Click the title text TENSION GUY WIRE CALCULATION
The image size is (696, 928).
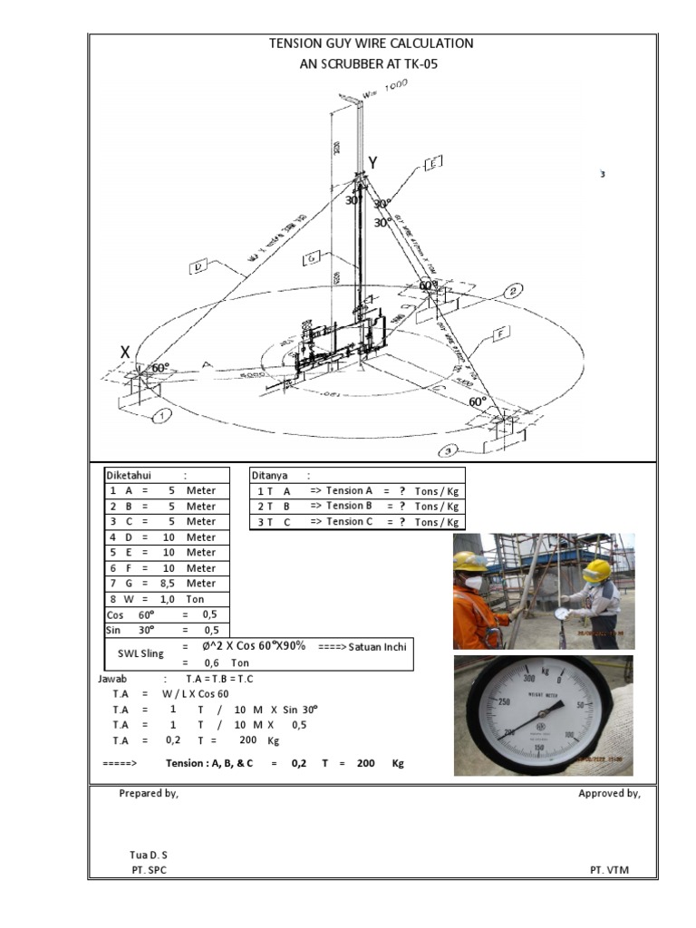click(372, 43)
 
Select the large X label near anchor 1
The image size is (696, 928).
click(125, 352)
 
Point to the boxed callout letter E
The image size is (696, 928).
click(432, 163)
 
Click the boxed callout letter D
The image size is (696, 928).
click(200, 266)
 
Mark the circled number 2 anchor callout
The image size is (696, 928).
click(513, 291)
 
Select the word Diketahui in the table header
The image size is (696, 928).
click(130, 475)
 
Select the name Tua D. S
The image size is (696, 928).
click(149, 855)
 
